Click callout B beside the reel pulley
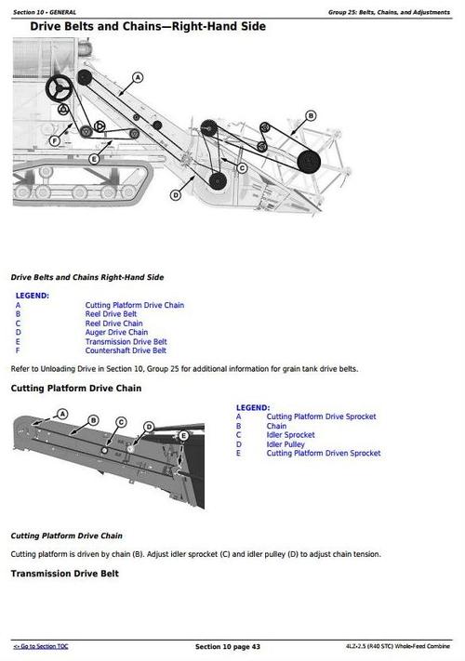(311, 116)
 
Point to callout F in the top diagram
(54, 141)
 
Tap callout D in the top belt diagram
(175, 194)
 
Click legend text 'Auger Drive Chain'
(116, 332)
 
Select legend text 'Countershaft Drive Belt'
(126, 350)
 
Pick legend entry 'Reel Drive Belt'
(112, 314)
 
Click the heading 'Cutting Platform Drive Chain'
(75, 388)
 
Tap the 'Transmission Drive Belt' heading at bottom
(64, 574)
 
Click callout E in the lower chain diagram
(183, 435)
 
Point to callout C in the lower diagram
(121, 422)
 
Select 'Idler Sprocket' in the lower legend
(290, 435)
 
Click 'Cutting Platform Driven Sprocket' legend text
(323, 454)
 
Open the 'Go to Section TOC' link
(40, 646)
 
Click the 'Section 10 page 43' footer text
(227, 646)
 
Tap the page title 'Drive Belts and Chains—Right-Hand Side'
(148, 27)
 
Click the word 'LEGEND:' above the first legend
(33, 296)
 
